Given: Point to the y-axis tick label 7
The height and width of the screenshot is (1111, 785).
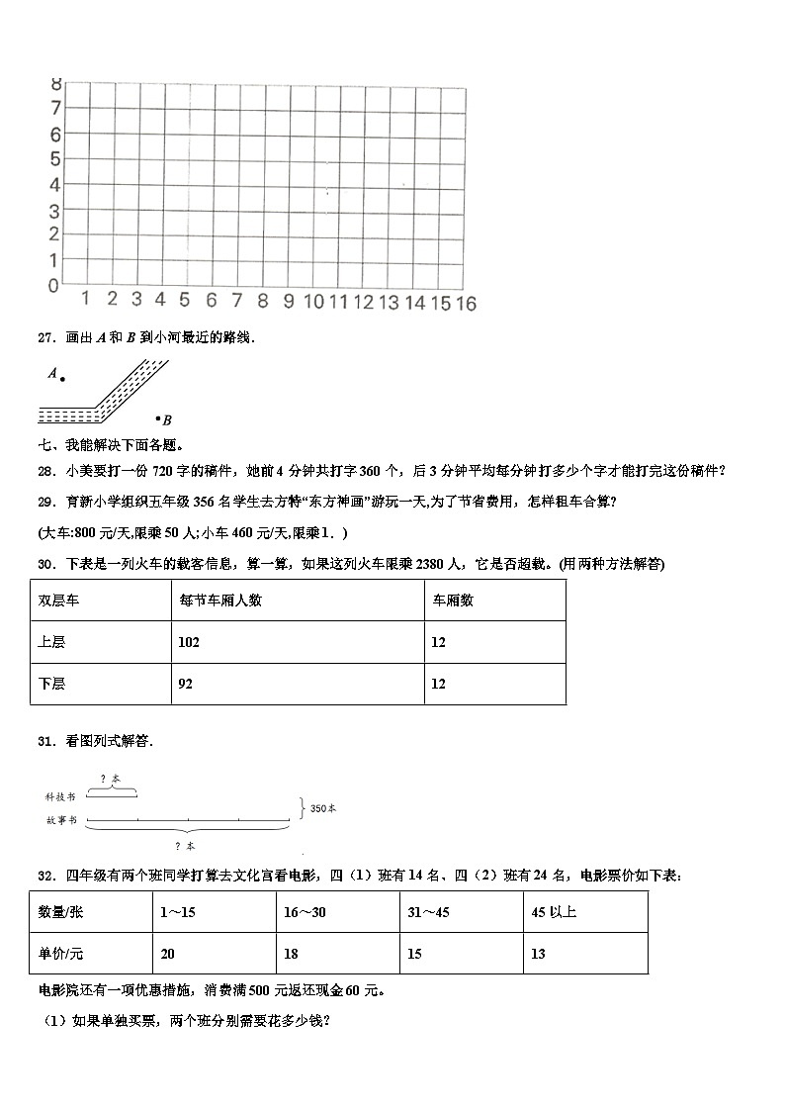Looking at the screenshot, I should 56,108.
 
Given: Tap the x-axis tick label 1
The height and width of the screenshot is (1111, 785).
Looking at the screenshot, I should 86,299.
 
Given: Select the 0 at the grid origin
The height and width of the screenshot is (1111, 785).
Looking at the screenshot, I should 52,286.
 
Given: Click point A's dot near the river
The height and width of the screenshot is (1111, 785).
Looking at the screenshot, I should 61,378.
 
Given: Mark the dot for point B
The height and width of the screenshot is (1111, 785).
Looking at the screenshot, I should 155,417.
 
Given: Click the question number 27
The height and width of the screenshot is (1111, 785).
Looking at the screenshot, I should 44,338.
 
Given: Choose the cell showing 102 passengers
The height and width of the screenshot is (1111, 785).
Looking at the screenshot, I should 189,642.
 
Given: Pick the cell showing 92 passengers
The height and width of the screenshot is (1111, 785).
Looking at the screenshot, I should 186,684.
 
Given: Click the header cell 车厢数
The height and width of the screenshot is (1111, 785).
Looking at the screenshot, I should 453,600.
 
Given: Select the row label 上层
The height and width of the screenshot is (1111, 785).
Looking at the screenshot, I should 51,642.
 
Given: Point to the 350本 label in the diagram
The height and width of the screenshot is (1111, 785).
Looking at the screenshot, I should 323,808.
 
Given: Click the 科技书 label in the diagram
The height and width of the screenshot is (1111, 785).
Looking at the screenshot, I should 60,795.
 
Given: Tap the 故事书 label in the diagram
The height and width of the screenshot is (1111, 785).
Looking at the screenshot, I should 60,821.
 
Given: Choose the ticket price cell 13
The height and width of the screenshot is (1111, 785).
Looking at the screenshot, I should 538,954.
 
